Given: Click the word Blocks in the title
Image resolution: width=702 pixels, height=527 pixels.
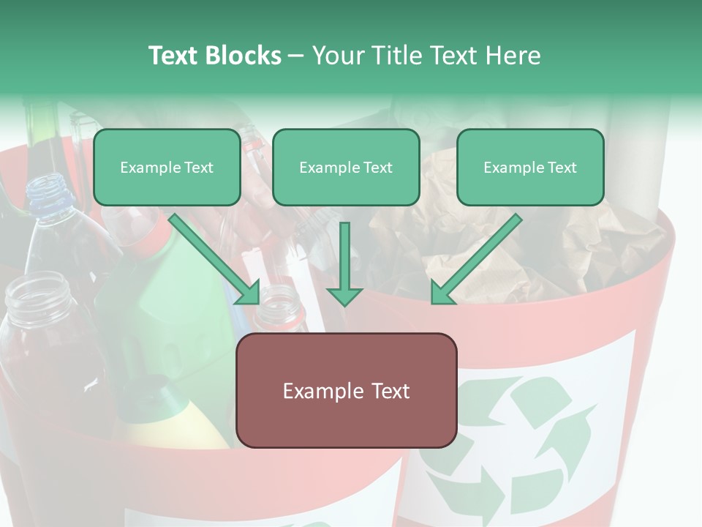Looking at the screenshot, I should (244, 56).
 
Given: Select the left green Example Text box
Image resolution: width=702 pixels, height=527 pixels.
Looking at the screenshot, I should (167, 167).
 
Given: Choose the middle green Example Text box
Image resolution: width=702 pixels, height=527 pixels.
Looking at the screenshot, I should (346, 167).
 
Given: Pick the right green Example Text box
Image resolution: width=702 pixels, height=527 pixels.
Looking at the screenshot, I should (530, 167).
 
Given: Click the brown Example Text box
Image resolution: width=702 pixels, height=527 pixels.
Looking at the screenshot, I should (346, 390).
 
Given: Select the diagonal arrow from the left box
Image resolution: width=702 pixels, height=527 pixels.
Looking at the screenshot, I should (212, 256).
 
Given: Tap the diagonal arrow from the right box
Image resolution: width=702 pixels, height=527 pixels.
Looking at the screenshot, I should (479, 256).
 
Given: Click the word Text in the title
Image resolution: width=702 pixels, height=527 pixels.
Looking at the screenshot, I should (174, 56).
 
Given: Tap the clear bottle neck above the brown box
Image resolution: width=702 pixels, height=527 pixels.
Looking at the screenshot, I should (281, 307).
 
